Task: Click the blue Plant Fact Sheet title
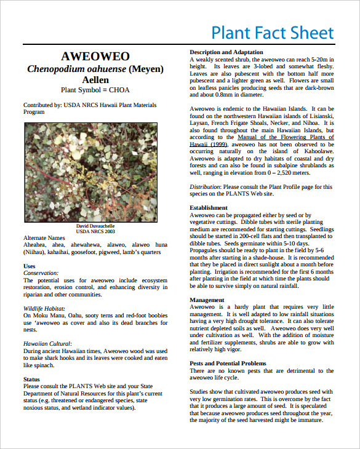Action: (272, 33)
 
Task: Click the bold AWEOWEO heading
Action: (95, 57)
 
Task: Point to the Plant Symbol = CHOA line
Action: (95, 90)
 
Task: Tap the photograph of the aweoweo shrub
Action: (95, 172)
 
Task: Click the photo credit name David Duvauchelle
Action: (95, 226)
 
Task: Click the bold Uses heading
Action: (30, 266)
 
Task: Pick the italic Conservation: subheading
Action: (41, 272)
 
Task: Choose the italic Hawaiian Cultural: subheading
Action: (47, 343)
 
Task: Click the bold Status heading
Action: (32, 379)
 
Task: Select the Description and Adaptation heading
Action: (226, 52)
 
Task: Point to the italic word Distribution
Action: (204, 186)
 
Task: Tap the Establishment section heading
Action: (209, 208)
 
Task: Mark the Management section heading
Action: (207, 300)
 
